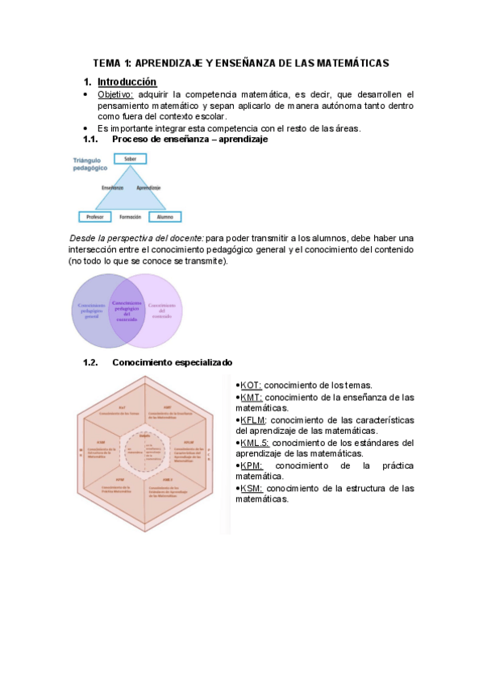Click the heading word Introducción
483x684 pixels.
coord(127,82)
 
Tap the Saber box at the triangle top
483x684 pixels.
coord(130,160)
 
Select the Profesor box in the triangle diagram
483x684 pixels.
coord(95,216)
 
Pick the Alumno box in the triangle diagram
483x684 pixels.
coord(164,216)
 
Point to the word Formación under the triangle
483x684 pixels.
coord(130,216)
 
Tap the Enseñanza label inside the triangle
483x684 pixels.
coord(112,187)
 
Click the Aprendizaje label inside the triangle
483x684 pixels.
coord(149,187)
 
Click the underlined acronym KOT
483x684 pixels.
coord(251,385)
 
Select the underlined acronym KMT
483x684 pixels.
coord(251,397)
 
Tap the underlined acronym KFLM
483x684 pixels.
coord(254,420)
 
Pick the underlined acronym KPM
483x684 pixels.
coord(251,466)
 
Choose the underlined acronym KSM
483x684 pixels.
coord(251,489)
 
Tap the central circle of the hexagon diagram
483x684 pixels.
coord(145,443)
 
